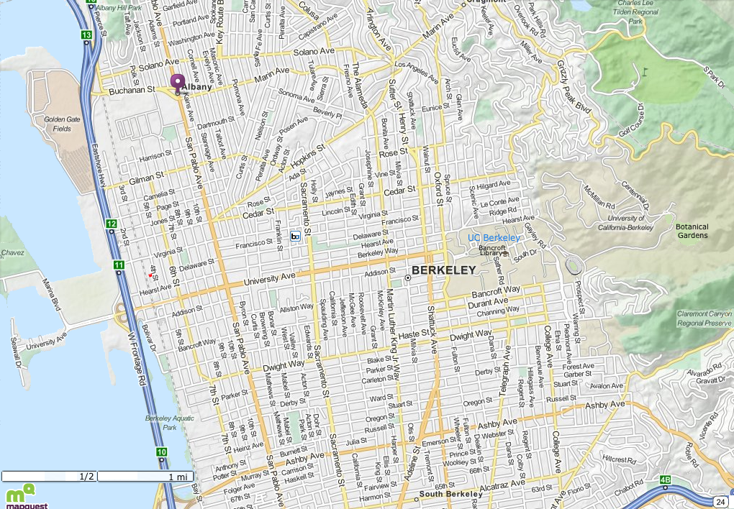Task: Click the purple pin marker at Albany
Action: click(x=177, y=82)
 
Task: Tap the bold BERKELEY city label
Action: click(x=444, y=270)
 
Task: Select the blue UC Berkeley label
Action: click(x=494, y=238)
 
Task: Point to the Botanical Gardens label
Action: click(x=692, y=231)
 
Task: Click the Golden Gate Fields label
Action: click(x=58, y=124)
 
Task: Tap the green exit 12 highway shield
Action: click(x=112, y=225)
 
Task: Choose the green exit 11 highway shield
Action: click(x=118, y=266)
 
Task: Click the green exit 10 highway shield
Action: click(x=162, y=452)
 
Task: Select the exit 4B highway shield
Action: click(x=666, y=480)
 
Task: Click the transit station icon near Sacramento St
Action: click(x=295, y=236)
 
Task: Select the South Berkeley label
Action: click(x=450, y=494)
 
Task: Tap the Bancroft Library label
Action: click(x=491, y=250)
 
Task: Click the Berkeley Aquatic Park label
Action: click(x=170, y=422)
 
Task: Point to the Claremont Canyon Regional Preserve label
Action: click(x=704, y=318)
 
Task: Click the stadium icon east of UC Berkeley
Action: click(x=574, y=265)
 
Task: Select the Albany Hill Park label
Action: click(x=119, y=6)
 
